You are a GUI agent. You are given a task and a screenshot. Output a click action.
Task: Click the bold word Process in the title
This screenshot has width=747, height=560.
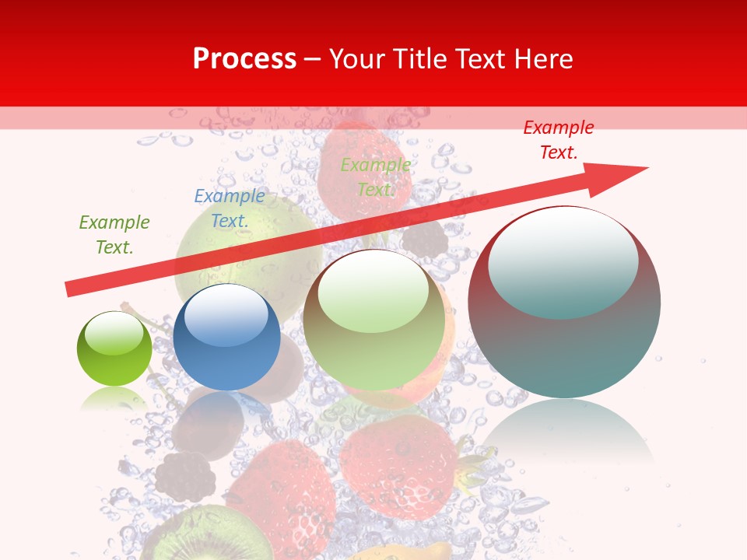[244, 59]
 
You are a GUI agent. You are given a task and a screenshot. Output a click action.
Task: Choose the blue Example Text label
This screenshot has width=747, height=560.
[230, 208]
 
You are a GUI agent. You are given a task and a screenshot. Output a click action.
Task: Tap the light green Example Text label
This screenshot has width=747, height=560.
[375, 177]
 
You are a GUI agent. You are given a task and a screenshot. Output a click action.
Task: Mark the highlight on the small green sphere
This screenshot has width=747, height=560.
[114, 333]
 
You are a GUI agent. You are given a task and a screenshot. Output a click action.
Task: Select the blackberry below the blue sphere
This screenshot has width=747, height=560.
[185, 476]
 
